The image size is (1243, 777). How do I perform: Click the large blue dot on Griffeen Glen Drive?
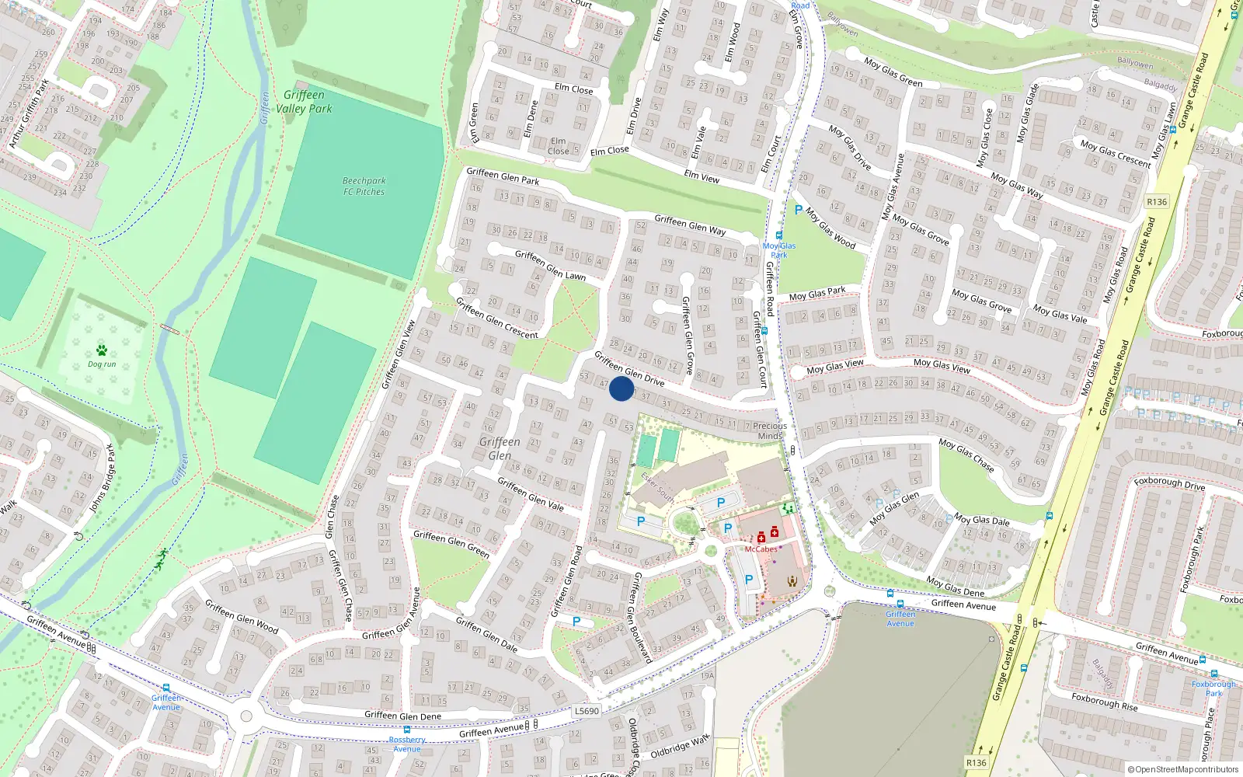621,388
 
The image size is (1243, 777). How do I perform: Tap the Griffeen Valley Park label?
305,102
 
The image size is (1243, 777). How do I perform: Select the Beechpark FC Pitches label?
364,186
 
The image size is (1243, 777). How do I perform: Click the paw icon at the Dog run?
102,350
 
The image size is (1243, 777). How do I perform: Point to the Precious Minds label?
770,430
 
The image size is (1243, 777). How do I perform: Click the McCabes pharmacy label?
761,549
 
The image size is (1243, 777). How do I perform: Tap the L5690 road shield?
587,711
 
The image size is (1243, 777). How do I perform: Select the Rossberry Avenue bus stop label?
407,744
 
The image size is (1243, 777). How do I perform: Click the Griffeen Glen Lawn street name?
550,264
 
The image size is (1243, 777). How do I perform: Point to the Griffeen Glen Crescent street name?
496,318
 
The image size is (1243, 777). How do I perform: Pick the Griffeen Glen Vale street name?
531,494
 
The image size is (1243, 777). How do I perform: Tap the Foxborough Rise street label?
1104,702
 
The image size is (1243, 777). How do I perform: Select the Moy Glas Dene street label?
955,587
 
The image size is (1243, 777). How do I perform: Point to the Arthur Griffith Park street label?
29,113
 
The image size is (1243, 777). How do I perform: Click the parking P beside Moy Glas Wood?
798,210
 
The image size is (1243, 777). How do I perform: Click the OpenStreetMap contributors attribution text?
1183,769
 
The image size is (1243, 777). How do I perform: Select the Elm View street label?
702,177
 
